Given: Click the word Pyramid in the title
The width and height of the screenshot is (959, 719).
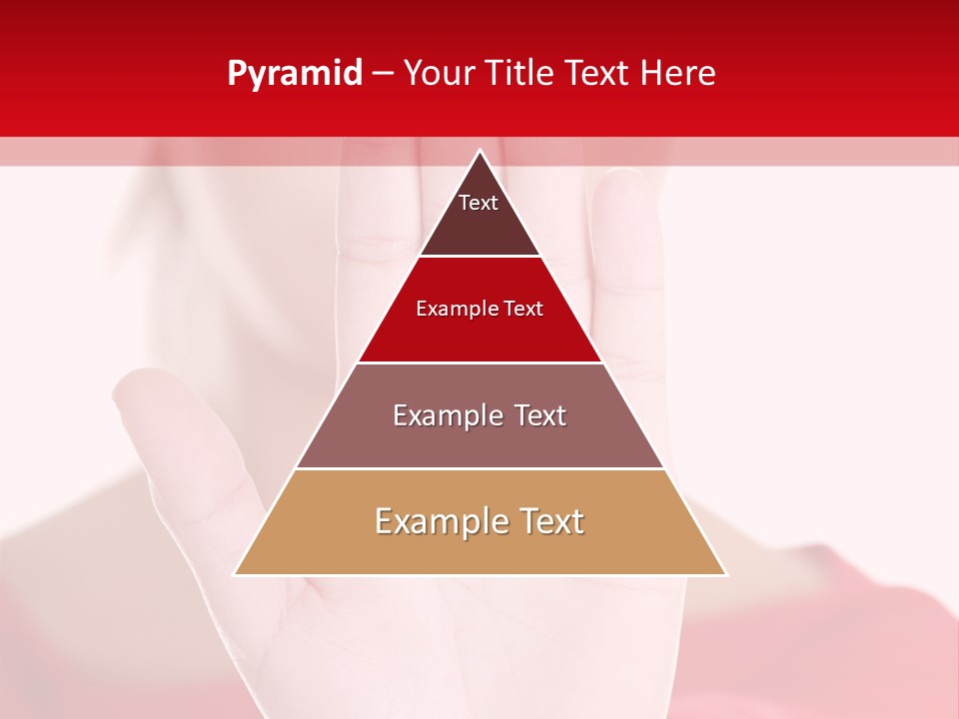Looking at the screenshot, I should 295,74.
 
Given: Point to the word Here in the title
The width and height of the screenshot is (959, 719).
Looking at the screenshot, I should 678,74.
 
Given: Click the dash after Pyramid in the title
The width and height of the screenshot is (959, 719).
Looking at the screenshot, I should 383,74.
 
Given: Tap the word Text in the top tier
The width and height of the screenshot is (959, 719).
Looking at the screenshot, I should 479,203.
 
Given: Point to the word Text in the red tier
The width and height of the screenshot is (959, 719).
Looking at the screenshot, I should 523,309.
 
